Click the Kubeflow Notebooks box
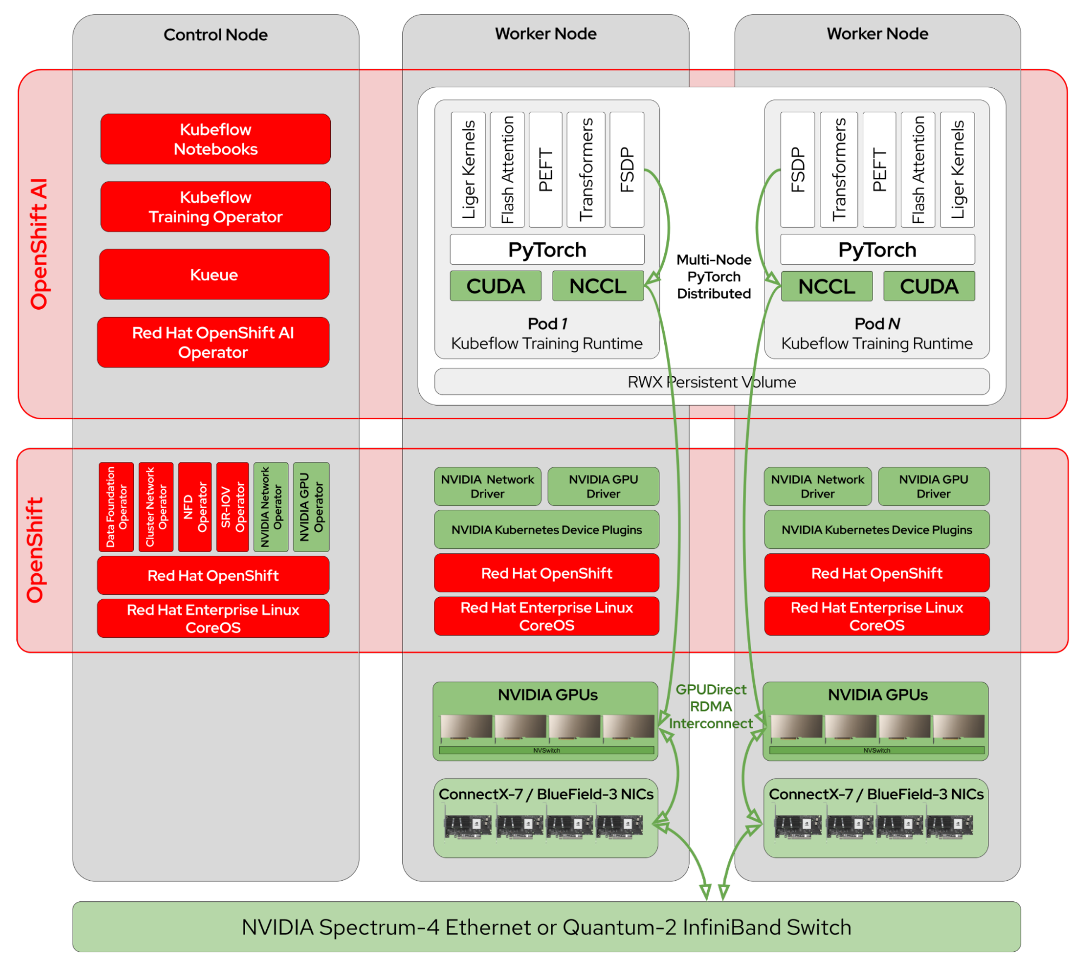(215, 139)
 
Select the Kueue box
(214, 274)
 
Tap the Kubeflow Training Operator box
(215, 207)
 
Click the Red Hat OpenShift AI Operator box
(213, 342)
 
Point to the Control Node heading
(215, 35)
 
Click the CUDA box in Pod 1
(495, 286)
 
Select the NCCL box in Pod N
(826, 286)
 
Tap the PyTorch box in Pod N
(877, 249)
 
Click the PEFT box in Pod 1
(545, 170)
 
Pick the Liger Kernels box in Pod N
(957, 170)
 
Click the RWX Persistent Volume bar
(711, 382)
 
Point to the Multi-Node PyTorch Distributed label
(714, 277)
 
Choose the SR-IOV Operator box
(233, 507)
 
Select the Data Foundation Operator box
(116, 507)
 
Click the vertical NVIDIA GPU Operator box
(311, 507)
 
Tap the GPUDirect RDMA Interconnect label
(711, 707)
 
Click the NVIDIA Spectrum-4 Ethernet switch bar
(546, 927)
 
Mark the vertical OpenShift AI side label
(39, 244)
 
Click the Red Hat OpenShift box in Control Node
(213, 575)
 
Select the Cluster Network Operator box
(156, 507)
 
